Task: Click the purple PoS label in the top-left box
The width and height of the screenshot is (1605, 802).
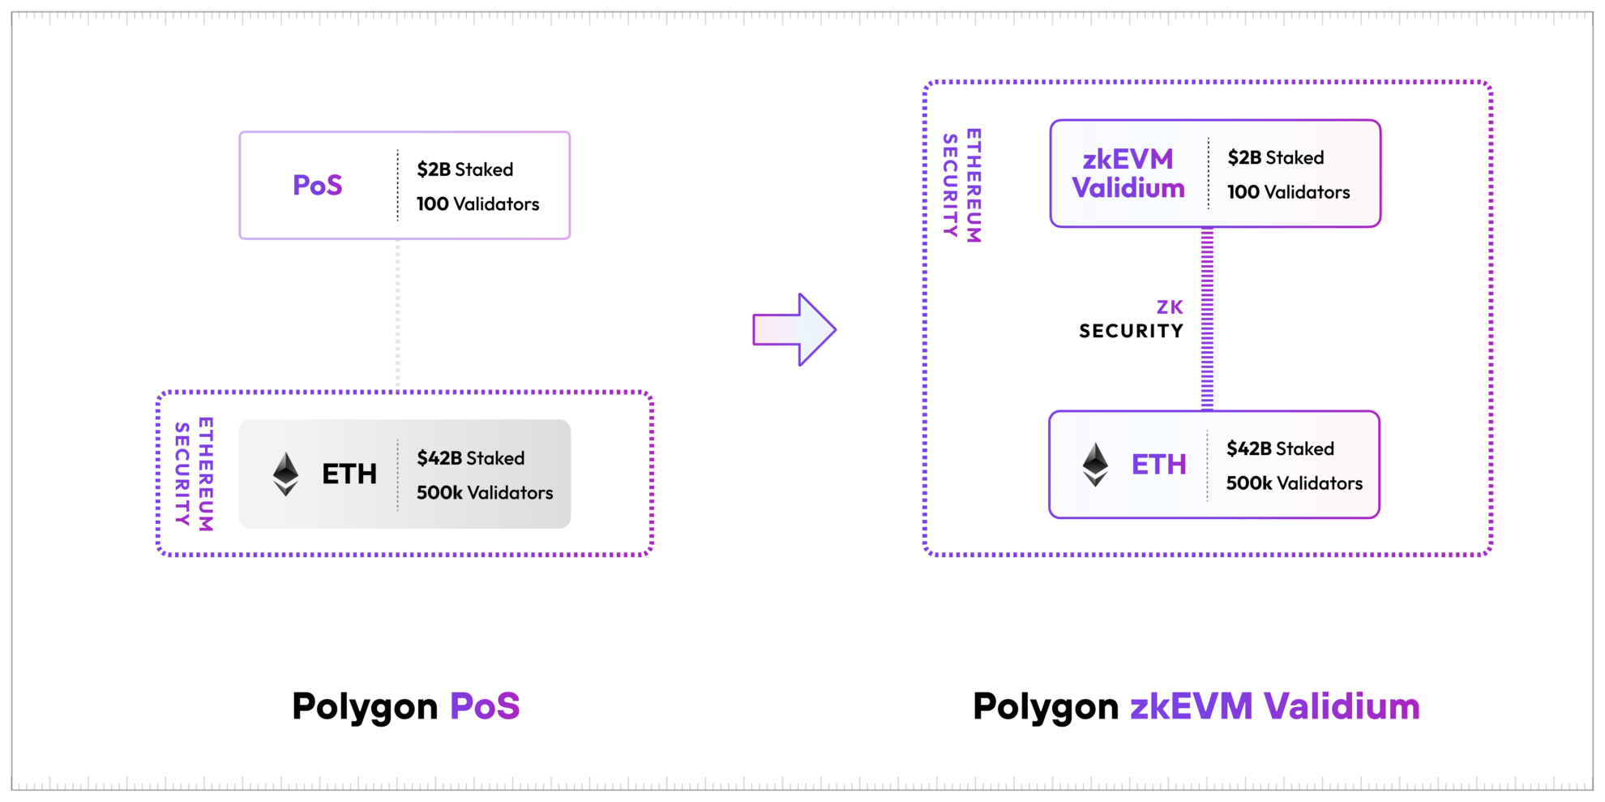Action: (317, 186)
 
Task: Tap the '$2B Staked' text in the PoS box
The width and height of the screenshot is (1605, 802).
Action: (464, 169)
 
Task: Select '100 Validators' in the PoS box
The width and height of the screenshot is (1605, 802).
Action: (477, 204)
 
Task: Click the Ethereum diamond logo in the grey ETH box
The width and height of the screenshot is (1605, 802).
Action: (285, 474)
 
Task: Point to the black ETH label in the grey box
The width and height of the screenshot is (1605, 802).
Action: (349, 474)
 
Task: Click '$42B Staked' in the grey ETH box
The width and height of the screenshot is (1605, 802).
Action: (470, 458)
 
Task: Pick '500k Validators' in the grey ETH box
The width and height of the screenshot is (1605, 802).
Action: (484, 493)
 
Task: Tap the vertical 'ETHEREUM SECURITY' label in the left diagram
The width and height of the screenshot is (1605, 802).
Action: (195, 474)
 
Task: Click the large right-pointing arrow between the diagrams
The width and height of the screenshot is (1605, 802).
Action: (794, 330)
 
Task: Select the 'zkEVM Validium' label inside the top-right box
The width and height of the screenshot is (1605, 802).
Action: (1128, 174)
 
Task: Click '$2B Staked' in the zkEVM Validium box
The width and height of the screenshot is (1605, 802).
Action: (1275, 157)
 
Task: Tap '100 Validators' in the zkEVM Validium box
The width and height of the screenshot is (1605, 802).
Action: (1288, 192)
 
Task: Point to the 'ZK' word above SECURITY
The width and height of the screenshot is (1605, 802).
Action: (1170, 307)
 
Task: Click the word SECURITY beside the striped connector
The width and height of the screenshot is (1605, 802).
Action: (1131, 331)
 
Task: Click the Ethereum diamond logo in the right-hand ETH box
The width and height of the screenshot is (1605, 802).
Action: (1095, 465)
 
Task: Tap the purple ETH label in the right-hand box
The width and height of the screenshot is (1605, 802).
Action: (1158, 465)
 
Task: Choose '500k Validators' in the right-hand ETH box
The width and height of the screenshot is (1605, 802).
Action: (1294, 483)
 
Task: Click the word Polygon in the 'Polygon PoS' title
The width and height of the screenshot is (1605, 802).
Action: (365, 706)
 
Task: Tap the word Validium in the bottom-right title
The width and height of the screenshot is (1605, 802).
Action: (1342, 706)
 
